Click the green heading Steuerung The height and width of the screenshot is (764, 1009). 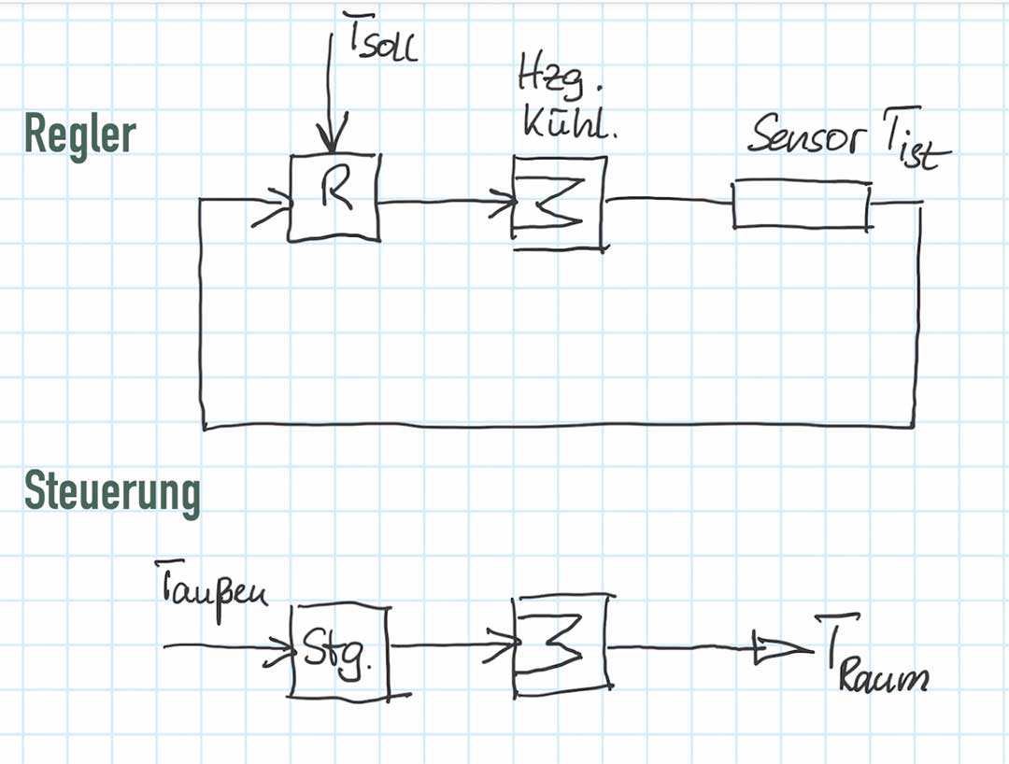112,493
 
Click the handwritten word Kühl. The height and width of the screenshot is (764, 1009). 569,124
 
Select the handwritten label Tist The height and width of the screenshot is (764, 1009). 915,141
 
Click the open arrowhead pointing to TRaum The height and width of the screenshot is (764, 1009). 783,649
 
